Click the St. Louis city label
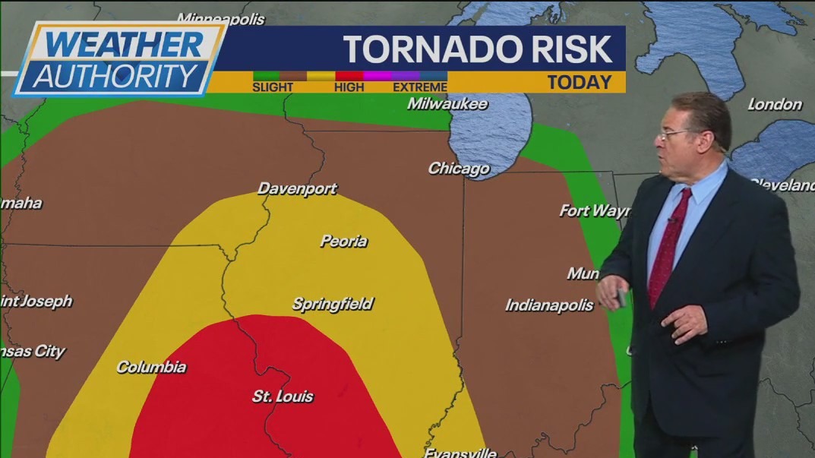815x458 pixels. pyautogui.click(x=283, y=396)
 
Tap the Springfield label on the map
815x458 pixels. pyautogui.click(x=333, y=305)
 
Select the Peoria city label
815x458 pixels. pyautogui.click(x=343, y=242)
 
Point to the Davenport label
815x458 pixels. pyautogui.click(x=297, y=188)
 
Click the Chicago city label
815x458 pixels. pyautogui.click(x=459, y=169)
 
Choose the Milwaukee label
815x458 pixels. pyautogui.click(x=447, y=104)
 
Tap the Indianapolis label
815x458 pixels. pyautogui.click(x=549, y=305)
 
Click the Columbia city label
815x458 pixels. pyautogui.click(x=151, y=367)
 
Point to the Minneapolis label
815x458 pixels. pyautogui.click(x=221, y=18)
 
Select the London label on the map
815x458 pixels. pyautogui.click(x=775, y=105)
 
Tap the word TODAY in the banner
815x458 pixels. pyautogui.click(x=580, y=83)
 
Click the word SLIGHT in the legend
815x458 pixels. pyautogui.click(x=273, y=87)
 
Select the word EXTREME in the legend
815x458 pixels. pyautogui.click(x=420, y=87)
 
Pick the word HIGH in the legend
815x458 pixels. pyautogui.click(x=349, y=87)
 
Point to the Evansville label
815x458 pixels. pyautogui.click(x=460, y=453)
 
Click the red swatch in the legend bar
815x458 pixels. pyautogui.click(x=349, y=76)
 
